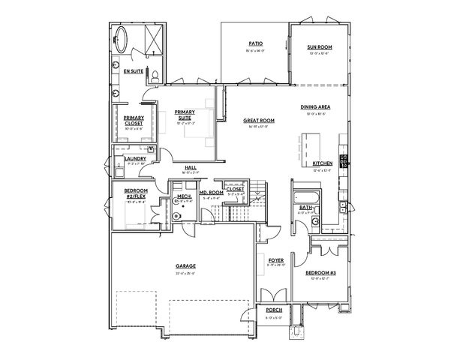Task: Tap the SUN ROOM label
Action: point(319,47)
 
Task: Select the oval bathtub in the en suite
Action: point(122,37)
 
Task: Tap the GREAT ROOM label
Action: point(258,121)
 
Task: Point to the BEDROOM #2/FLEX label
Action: point(135,193)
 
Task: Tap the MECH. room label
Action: point(184,196)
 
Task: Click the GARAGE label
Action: point(185,265)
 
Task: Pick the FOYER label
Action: point(275,260)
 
